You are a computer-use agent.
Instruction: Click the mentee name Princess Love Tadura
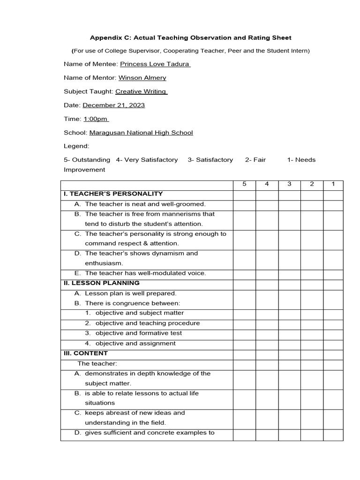155,64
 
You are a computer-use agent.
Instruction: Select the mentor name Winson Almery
142,78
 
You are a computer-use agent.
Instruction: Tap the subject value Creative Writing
141,91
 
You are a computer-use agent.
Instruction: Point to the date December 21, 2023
113,105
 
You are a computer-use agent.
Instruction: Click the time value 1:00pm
96,119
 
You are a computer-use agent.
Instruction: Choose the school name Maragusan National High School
141,133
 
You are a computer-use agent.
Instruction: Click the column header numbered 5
244,184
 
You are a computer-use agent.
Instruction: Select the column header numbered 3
289,184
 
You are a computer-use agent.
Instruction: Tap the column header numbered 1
333,184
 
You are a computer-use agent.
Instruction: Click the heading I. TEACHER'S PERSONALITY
113,194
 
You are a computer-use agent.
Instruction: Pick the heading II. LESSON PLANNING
102,283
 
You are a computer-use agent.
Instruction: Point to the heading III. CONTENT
86,353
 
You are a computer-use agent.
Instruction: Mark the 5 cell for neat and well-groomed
244,204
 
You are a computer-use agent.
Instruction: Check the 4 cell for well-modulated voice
267,273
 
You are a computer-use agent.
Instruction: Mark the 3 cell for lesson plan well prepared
289,293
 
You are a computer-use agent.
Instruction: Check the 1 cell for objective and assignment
333,344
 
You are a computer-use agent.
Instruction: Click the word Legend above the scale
76,146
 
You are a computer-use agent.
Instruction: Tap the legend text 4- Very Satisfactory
147,160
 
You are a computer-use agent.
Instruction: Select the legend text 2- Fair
255,160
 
